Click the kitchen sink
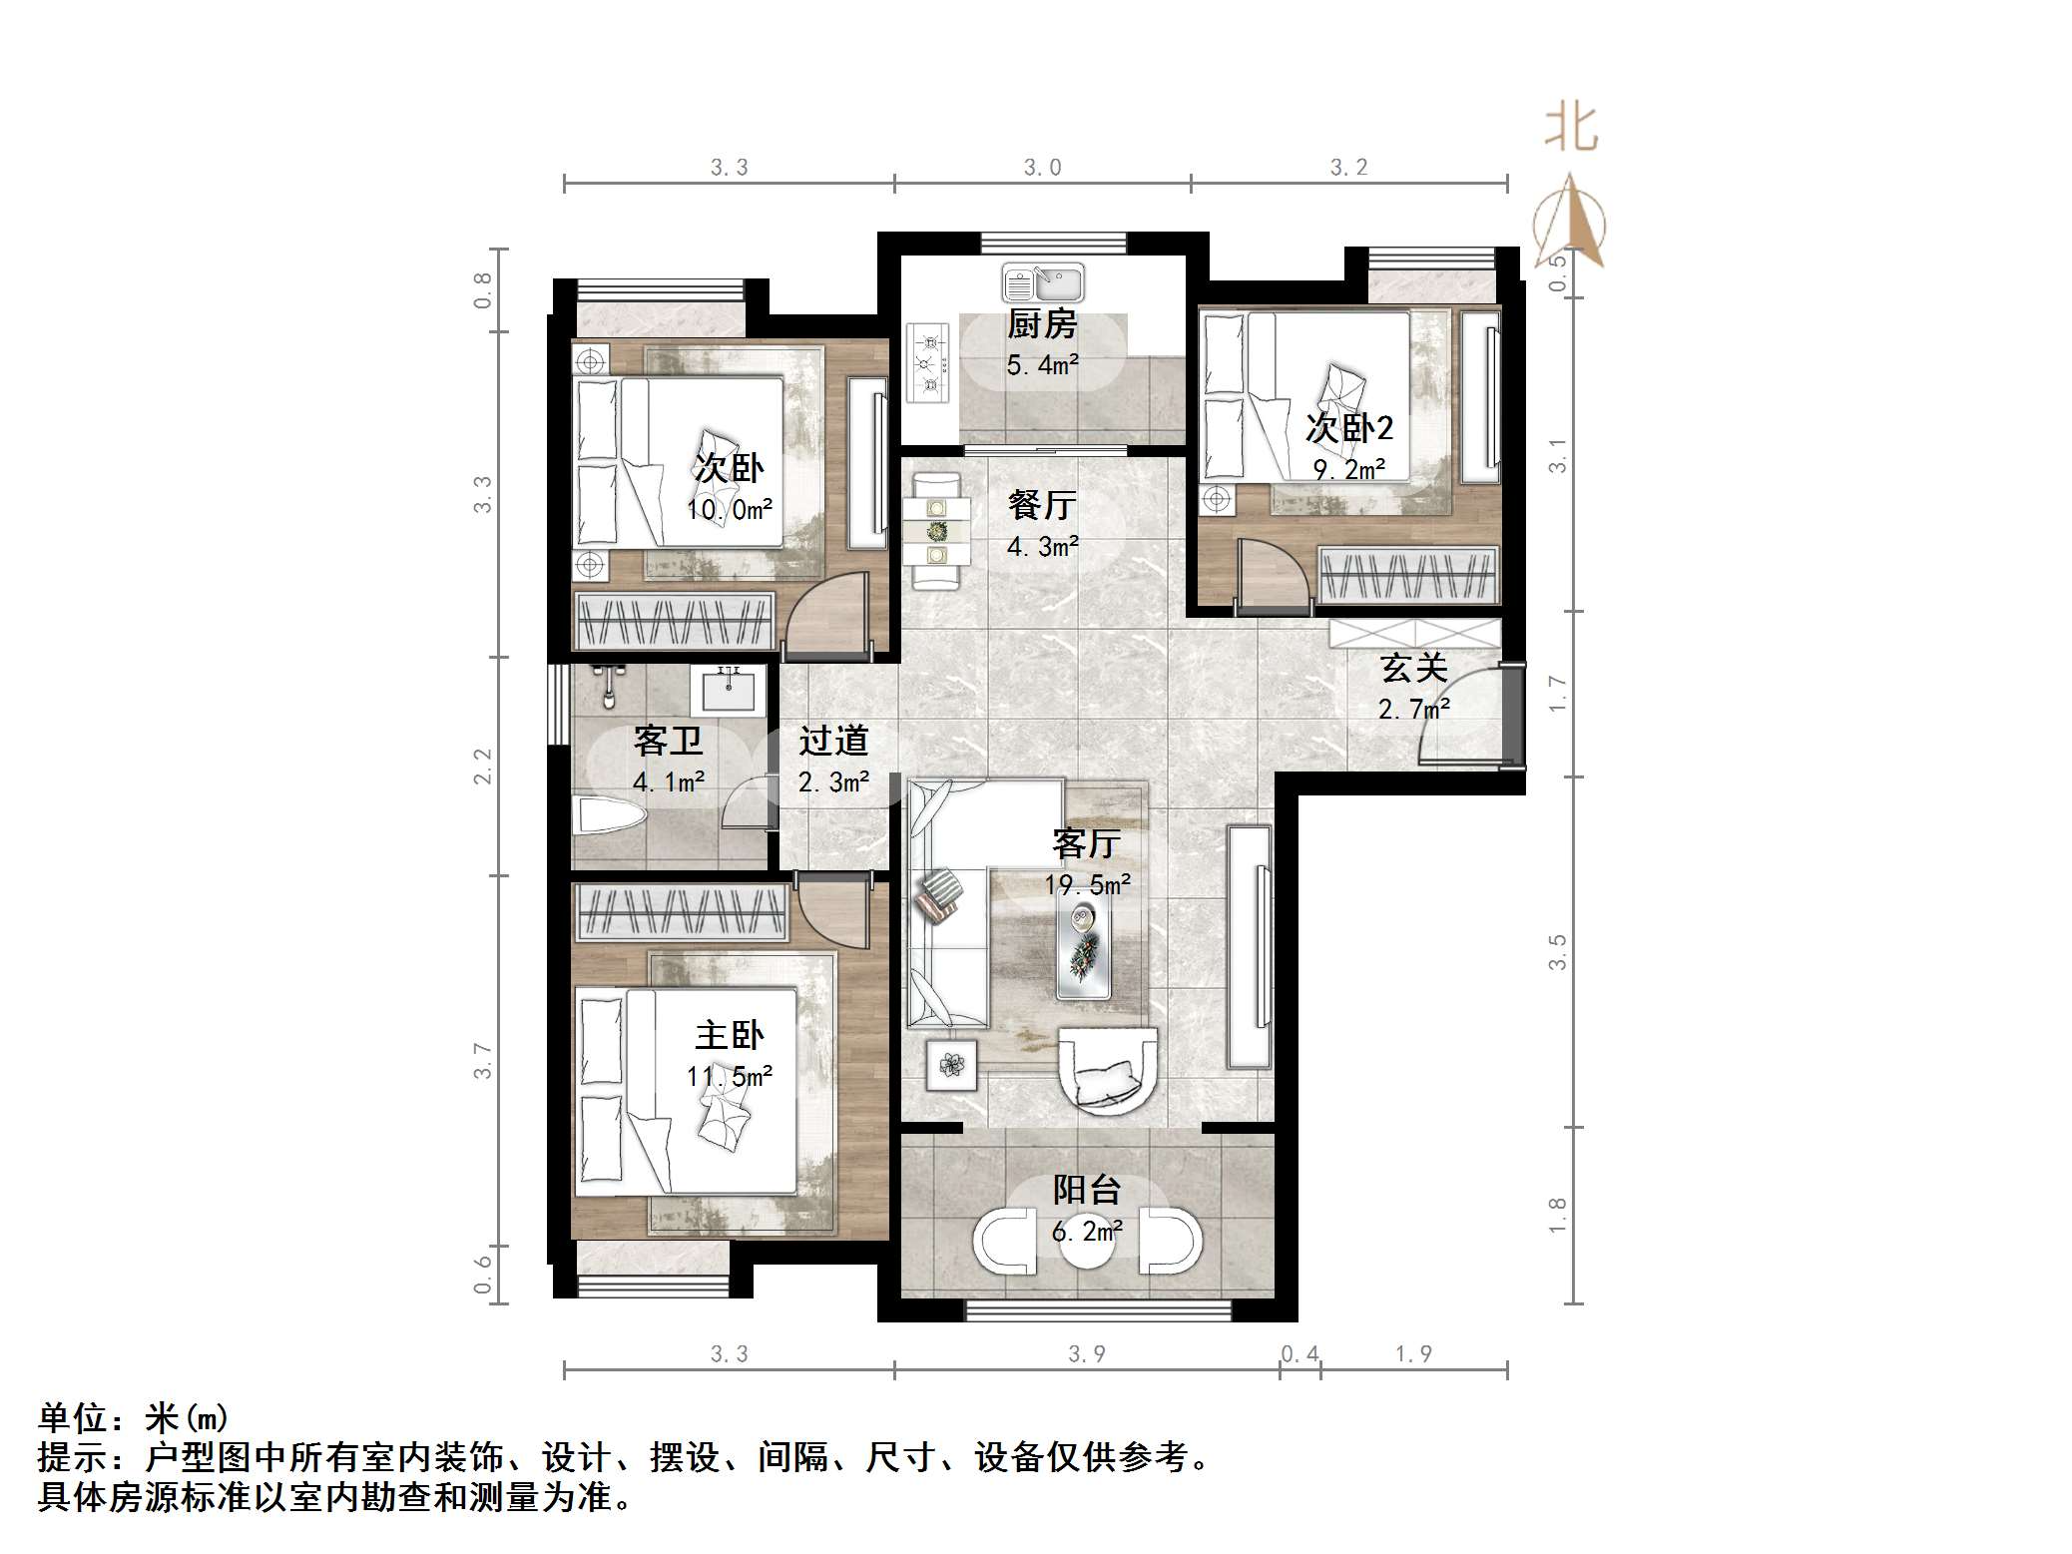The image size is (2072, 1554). click(x=1042, y=283)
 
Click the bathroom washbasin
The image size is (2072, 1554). click(x=729, y=690)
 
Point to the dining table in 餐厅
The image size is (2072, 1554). click(x=936, y=531)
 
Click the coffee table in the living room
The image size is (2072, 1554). click(x=1084, y=942)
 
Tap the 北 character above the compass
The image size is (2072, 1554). click(x=1572, y=130)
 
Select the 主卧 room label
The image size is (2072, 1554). click(x=729, y=1035)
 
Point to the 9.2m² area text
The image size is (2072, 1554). click(x=1348, y=468)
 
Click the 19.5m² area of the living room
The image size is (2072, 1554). click(x=1087, y=884)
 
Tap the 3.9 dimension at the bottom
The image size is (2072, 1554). click(x=1086, y=1353)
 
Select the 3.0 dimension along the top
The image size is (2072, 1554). click(x=1042, y=167)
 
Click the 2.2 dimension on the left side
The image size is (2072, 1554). click(x=483, y=767)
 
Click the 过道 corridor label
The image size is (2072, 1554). click(x=833, y=741)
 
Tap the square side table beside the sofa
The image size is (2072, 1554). click(x=951, y=1065)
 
